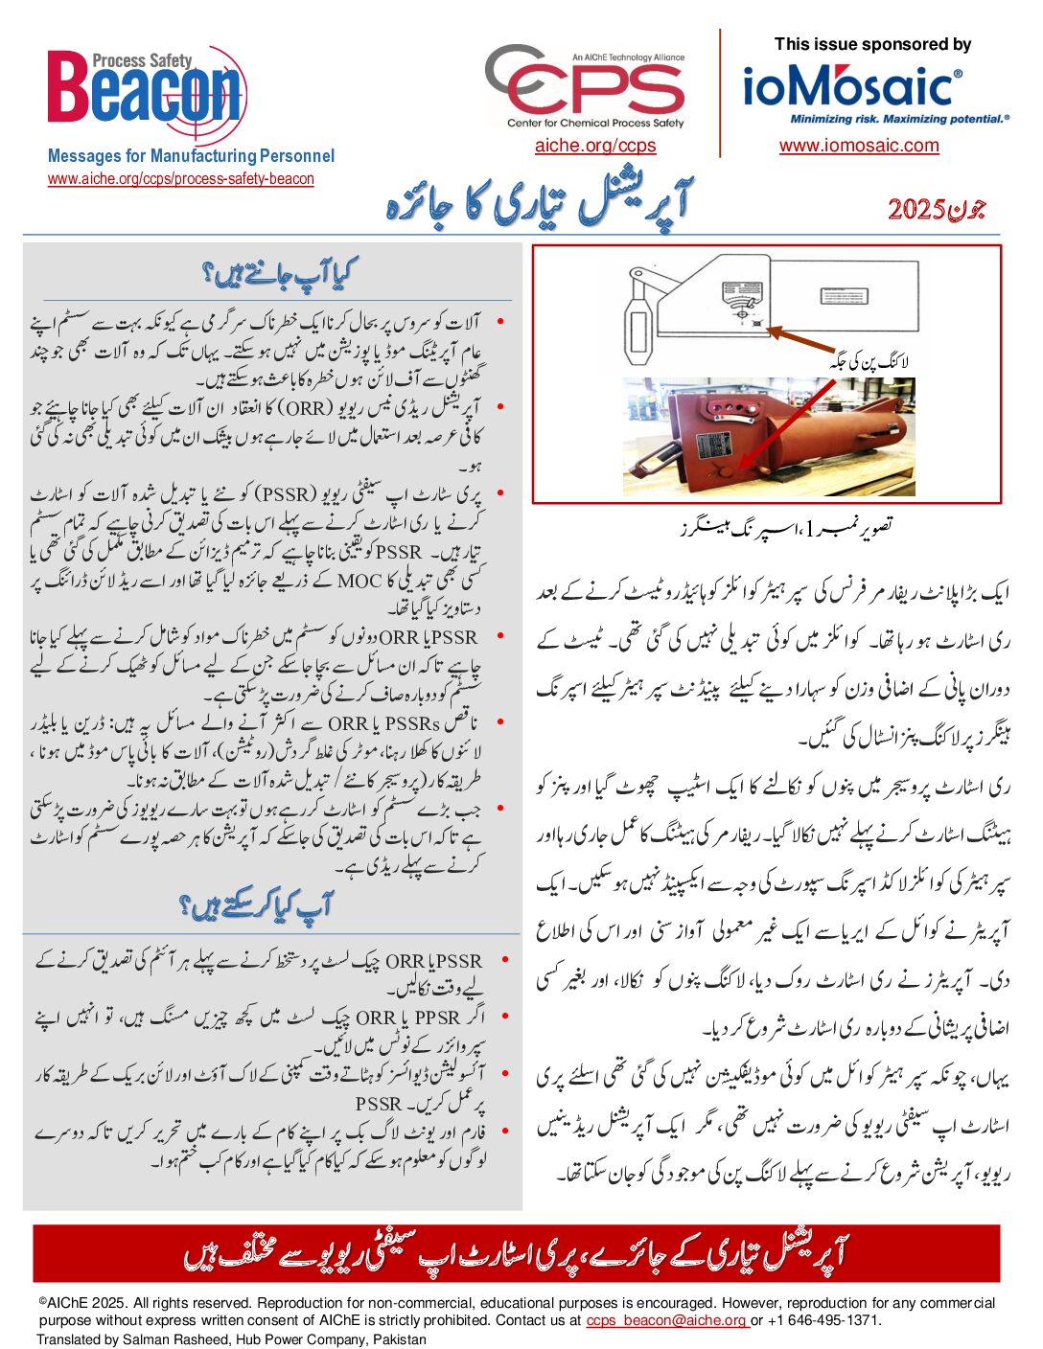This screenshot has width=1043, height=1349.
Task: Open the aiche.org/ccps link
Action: point(595,146)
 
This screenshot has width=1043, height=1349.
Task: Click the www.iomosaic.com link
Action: point(859,146)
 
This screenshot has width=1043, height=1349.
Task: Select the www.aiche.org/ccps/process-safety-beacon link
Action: point(181,178)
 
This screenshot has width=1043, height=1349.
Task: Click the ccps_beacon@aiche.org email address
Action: point(667,1320)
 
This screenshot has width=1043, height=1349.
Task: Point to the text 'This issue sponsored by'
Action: point(872,44)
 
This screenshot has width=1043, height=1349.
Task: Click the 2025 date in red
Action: point(916,210)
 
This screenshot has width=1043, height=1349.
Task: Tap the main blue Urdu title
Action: point(538,204)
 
